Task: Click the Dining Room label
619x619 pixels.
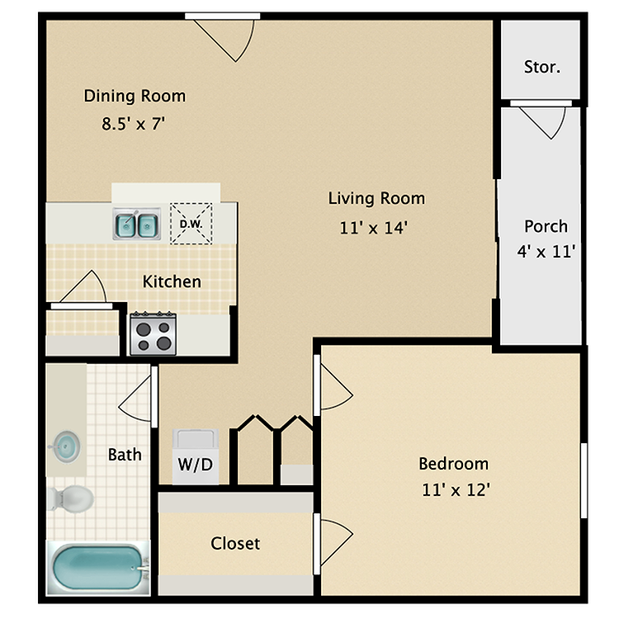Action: coord(135,96)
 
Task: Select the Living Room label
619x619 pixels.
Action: coord(376,198)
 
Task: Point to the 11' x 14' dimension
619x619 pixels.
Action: coord(374,228)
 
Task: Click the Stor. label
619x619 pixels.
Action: coord(541,67)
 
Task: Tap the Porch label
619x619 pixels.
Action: coord(546,226)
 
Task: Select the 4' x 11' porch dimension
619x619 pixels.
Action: coord(546,252)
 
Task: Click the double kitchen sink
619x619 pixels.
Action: coord(136,223)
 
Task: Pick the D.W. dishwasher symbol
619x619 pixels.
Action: coord(191,224)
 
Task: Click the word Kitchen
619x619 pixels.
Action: coord(172,281)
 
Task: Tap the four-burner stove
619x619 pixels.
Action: coord(153,334)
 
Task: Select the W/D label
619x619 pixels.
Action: coord(195,465)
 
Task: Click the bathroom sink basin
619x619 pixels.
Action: coord(64,447)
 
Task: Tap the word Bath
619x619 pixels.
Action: coord(125,454)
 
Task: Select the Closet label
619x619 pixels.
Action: coord(235,543)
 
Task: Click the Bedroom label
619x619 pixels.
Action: coord(453,463)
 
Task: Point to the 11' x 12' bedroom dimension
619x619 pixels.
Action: coord(456,489)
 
